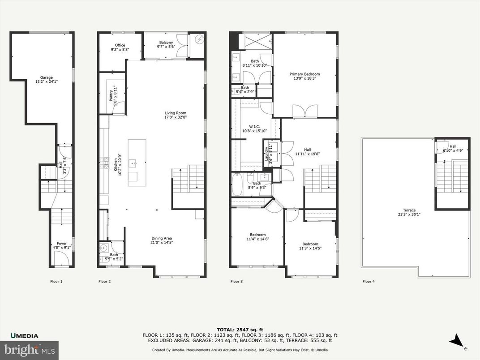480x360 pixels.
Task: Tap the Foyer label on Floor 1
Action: click(62, 244)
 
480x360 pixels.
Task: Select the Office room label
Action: click(120, 45)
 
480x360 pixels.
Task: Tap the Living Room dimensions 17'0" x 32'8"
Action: click(175, 118)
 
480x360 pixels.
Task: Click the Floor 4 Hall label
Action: click(453, 146)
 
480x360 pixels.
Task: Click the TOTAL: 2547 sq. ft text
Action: click(240, 329)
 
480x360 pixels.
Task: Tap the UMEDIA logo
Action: click(25, 336)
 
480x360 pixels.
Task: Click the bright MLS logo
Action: click(30, 348)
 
